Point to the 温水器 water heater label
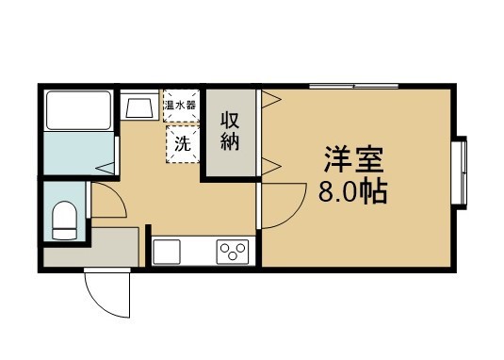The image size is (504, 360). click(180, 105)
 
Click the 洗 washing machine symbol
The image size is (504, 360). click(183, 145)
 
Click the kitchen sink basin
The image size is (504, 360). click(168, 251)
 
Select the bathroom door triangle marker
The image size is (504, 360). click(108, 167)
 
